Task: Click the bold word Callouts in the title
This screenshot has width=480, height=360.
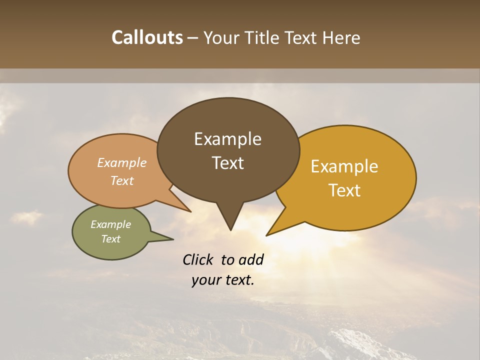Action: coord(147,37)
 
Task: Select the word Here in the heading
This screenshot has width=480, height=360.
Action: coord(341,37)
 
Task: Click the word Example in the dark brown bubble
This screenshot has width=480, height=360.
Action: coord(227,139)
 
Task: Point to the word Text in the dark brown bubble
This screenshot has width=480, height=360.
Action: coord(228,163)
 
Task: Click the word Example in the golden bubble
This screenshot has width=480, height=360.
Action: coord(344,166)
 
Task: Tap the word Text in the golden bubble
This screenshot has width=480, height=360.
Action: coord(344,190)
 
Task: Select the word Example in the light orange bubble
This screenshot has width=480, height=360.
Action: coord(122,162)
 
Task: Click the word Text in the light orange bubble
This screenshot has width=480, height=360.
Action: coord(122,180)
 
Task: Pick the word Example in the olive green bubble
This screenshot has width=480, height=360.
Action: coord(110,224)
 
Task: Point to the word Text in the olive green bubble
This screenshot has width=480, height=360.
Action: coord(110,239)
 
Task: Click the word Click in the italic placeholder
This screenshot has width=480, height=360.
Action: coord(198,259)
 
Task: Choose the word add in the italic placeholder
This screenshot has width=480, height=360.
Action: coord(251,259)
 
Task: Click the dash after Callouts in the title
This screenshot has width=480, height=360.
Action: coord(193,38)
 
